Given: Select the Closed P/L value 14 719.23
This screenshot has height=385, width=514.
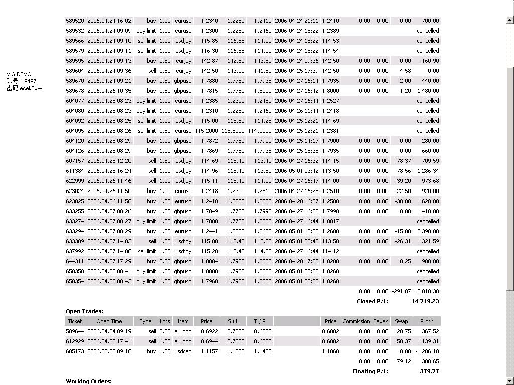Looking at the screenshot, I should [x=425, y=301].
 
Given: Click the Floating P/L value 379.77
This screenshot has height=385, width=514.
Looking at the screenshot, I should [x=429, y=371].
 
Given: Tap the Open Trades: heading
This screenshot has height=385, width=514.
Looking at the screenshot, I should [x=84, y=311].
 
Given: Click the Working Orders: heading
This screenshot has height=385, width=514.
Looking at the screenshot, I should [x=89, y=381].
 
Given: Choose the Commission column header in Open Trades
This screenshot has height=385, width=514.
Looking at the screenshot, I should [x=355, y=321].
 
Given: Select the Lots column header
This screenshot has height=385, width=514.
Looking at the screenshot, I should [x=165, y=321].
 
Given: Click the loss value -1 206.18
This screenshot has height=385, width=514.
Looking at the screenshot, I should [x=427, y=351].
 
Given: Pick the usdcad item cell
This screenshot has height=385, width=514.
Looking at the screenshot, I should [x=183, y=351].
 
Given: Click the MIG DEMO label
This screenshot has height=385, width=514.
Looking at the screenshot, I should [x=19, y=74].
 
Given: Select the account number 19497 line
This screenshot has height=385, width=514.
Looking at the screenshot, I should [x=21, y=81].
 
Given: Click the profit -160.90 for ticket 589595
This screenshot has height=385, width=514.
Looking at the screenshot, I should [x=430, y=61].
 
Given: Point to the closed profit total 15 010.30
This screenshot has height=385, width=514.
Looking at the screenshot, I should [x=427, y=291].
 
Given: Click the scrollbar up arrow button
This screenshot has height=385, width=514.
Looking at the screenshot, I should [x=510, y=21].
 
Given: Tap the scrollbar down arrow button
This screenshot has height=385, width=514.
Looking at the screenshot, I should [x=510, y=380].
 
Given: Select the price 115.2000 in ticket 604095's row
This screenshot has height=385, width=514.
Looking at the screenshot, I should [x=206, y=131].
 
